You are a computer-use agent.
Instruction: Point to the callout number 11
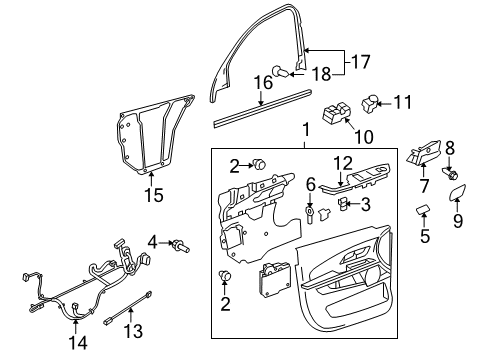[x=402, y=101]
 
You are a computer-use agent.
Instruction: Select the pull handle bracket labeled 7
[x=422, y=155]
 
